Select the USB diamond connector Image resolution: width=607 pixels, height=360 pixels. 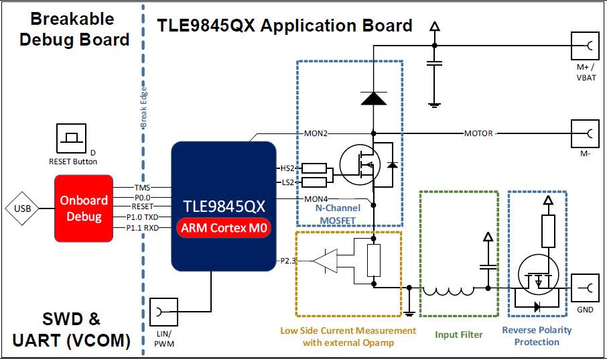(21, 208)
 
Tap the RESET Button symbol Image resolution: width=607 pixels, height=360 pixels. (72, 138)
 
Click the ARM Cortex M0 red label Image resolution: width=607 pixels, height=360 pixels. (224, 229)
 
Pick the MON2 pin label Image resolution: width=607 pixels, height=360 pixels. (316, 133)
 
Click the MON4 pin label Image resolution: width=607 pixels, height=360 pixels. (316, 199)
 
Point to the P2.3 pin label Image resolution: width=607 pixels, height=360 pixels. (285, 260)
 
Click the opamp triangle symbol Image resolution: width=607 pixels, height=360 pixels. (326, 261)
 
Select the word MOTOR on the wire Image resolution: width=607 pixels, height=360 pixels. (478, 133)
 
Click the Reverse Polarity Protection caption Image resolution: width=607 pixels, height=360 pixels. (537, 336)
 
